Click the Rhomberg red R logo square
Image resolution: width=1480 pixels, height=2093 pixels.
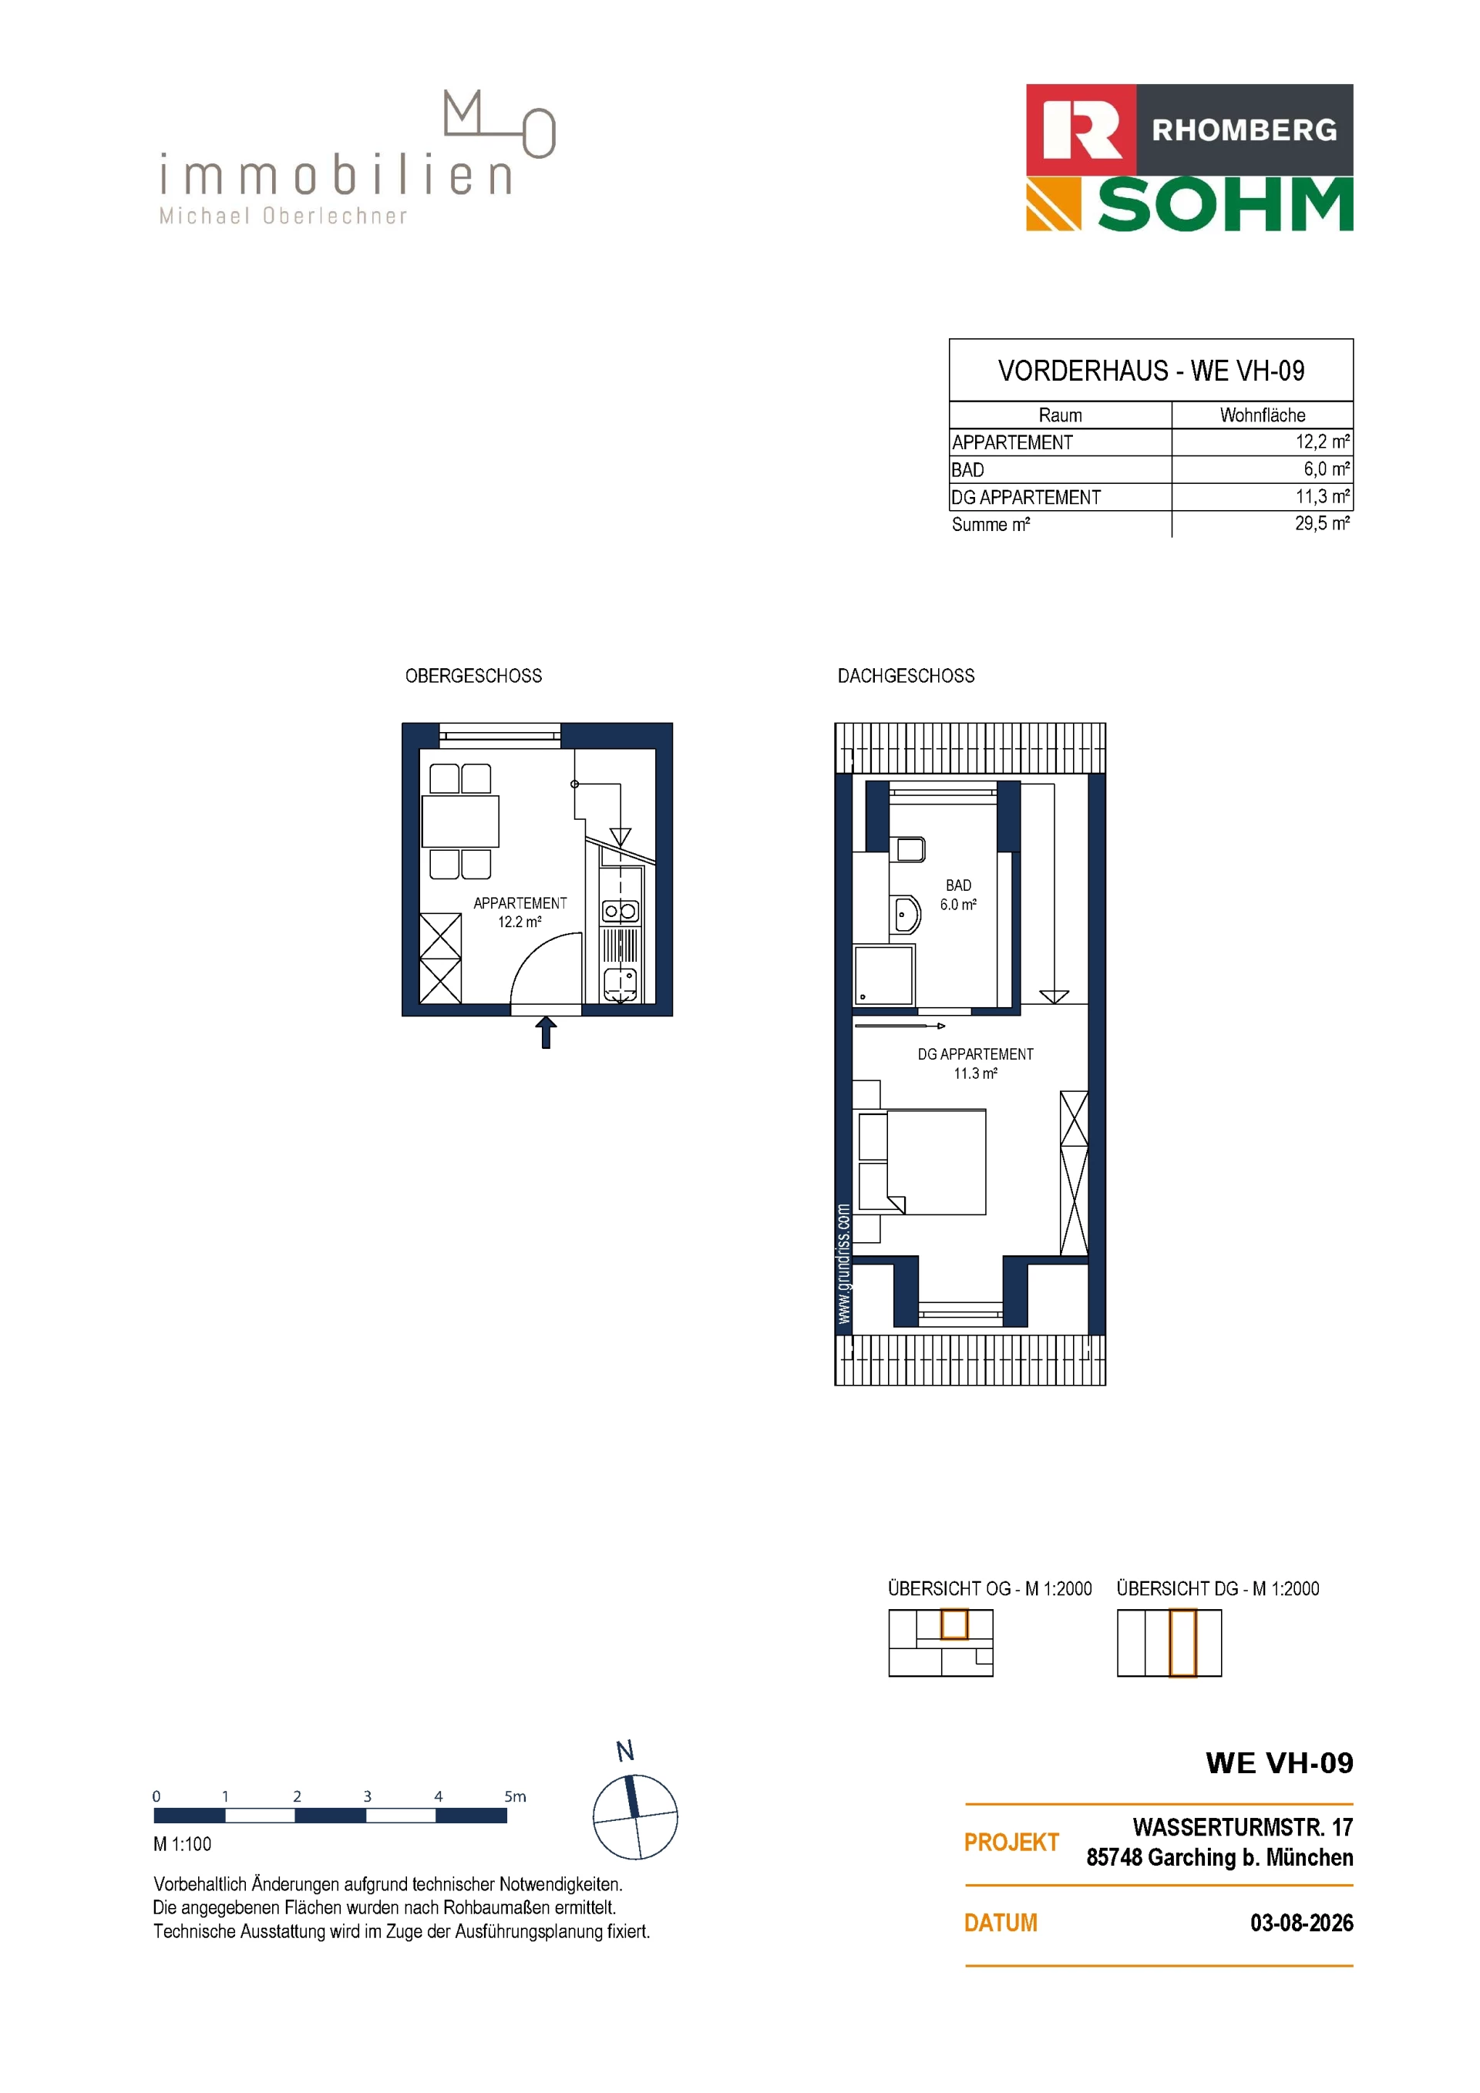coord(1081,130)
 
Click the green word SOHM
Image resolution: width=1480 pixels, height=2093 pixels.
coord(1225,205)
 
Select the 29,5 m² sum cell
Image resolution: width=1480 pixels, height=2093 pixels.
coord(1322,523)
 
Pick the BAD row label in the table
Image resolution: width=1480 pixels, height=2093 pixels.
coord(967,469)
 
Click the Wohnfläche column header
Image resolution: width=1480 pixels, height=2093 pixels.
coord(1262,415)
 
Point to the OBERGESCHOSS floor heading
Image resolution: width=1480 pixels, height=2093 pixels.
coord(473,676)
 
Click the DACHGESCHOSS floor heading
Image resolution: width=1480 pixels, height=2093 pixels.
coord(906,676)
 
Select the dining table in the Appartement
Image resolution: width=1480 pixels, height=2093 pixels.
coord(460,821)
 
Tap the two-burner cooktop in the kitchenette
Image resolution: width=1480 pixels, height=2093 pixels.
coord(620,911)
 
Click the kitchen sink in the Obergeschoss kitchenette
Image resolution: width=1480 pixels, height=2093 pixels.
coord(620,986)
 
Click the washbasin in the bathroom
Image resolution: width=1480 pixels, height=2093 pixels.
coord(906,913)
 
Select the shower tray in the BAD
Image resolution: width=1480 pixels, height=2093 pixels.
coord(883,976)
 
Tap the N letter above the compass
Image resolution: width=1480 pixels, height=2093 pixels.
coord(624,1751)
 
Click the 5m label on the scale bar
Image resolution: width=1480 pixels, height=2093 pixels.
coord(515,1796)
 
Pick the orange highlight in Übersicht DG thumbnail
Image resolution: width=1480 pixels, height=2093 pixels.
coord(1182,1643)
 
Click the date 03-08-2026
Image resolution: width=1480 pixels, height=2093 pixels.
coord(1301,1923)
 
